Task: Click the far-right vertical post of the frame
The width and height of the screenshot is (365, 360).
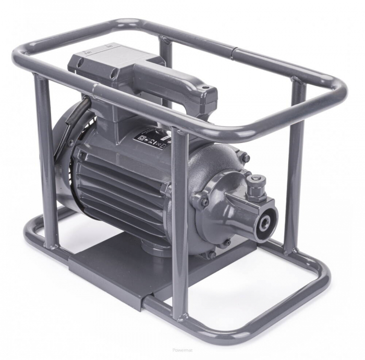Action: (x=295, y=167)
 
